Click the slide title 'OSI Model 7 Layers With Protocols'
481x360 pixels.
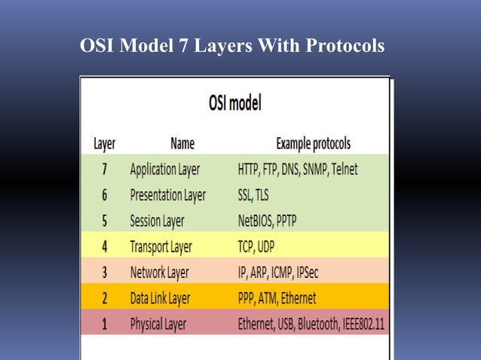(x=232, y=47)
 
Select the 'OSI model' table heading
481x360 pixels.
(x=234, y=104)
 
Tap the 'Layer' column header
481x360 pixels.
(x=104, y=143)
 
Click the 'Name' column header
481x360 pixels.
(x=182, y=143)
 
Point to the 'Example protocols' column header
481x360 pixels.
(x=313, y=143)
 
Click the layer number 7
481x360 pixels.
(x=104, y=169)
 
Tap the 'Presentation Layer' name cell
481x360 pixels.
(x=167, y=195)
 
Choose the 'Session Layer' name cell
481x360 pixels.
(x=157, y=221)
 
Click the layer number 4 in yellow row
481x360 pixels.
(x=104, y=247)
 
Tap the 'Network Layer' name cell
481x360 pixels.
(x=159, y=273)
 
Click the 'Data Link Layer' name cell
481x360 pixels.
(x=160, y=299)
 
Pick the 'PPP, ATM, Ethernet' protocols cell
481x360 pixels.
(x=277, y=299)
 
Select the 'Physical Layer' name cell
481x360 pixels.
(x=158, y=325)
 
